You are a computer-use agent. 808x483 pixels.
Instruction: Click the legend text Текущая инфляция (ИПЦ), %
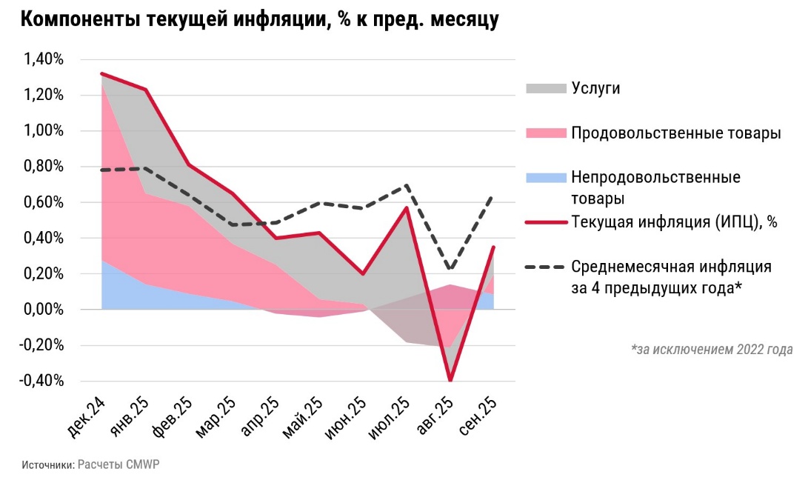pos(673,222)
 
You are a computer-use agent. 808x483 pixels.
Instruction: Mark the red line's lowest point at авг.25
pos(450,380)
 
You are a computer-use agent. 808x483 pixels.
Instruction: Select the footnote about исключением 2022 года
pos(712,349)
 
